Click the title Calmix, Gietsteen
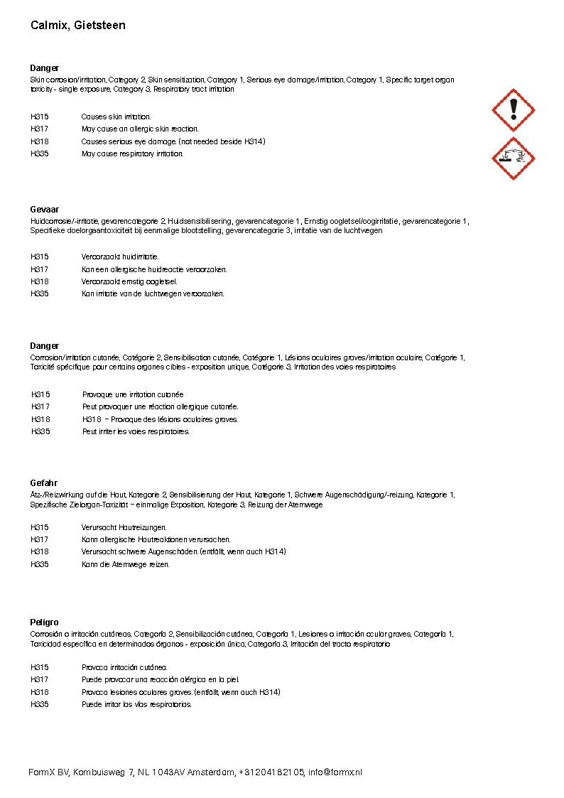click(78, 26)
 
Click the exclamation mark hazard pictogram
click(513, 110)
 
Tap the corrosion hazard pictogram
click(513, 158)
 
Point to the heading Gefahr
click(44, 483)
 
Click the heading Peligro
click(44, 622)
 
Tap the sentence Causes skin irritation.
click(116, 117)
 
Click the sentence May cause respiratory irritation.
click(132, 153)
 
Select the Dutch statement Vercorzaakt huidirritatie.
click(120, 257)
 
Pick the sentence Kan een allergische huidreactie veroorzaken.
click(154, 269)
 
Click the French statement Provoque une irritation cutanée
click(133, 394)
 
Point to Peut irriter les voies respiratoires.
click(136, 431)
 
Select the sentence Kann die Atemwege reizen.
click(125, 564)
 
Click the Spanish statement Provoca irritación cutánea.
click(124, 667)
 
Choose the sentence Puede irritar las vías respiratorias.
click(136, 704)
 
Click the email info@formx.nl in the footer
click(335, 772)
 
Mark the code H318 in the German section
click(40, 551)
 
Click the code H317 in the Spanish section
click(40, 679)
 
